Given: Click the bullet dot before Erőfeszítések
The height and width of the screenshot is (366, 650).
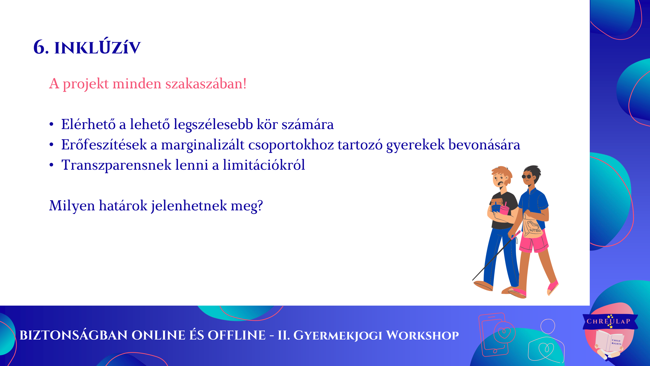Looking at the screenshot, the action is click(51, 145).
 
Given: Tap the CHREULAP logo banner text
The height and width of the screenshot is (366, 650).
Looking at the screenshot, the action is click(608, 321).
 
